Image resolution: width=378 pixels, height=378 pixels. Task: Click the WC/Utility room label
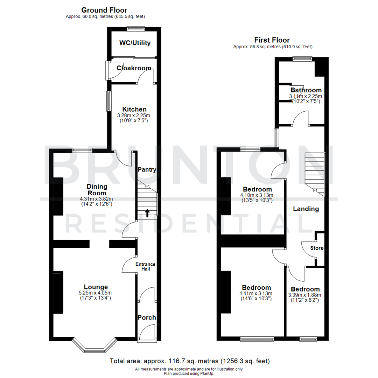click(x=135, y=43)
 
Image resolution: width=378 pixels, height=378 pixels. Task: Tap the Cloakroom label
click(x=134, y=68)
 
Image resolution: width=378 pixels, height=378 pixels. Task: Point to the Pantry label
click(x=147, y=170)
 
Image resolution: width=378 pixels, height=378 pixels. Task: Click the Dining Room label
click(x=96, y=190)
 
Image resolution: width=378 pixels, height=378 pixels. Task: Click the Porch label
click(x=147, y=318)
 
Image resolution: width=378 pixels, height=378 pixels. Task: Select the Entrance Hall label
click(x=146, y=266)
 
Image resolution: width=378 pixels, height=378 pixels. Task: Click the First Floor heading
click(x=272, y=40)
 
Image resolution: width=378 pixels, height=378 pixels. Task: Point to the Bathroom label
click(x=306, y=90)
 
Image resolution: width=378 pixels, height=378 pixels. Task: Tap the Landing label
click(x=306, y=209)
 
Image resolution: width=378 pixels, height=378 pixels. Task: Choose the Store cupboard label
click(x=317, y=248)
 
